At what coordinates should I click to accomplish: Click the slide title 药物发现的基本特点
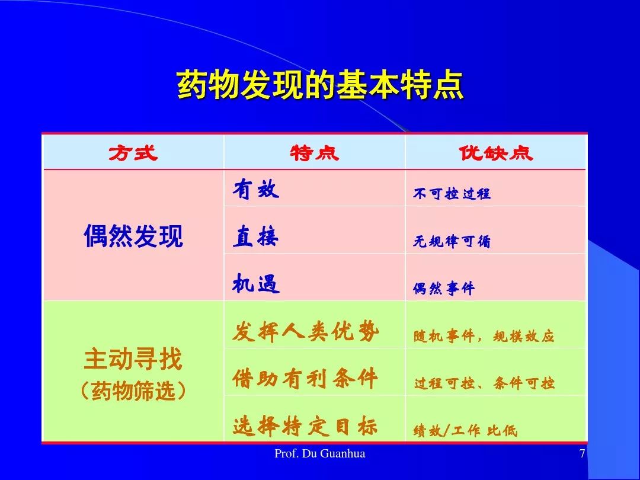(321, 85)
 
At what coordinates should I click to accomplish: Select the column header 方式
(133, 153)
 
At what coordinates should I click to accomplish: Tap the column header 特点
(314, 153)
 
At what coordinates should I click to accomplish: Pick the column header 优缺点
(495, 153)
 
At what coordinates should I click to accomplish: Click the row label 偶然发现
(133, 236)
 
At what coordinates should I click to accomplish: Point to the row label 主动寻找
(133, 359)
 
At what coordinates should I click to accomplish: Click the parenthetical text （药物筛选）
(133, 391)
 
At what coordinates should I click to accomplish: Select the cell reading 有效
(256, 190)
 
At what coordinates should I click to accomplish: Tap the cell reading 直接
(256, 236)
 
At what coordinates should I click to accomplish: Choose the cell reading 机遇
(256, 284)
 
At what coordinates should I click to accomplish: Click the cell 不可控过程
(452, 193)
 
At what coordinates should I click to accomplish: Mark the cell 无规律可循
(452, 241)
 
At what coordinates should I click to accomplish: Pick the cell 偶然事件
(444, 289)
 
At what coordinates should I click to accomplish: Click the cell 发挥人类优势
(305, 331)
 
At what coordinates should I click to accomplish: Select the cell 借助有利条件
(305, 379)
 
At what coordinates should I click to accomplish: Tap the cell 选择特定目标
(305, 426)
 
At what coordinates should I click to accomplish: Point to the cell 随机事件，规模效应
(484, 337)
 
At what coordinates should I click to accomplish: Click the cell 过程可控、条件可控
(484, 383)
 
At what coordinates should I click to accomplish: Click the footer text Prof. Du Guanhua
(320, 453)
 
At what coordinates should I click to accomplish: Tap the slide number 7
(582, 453)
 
